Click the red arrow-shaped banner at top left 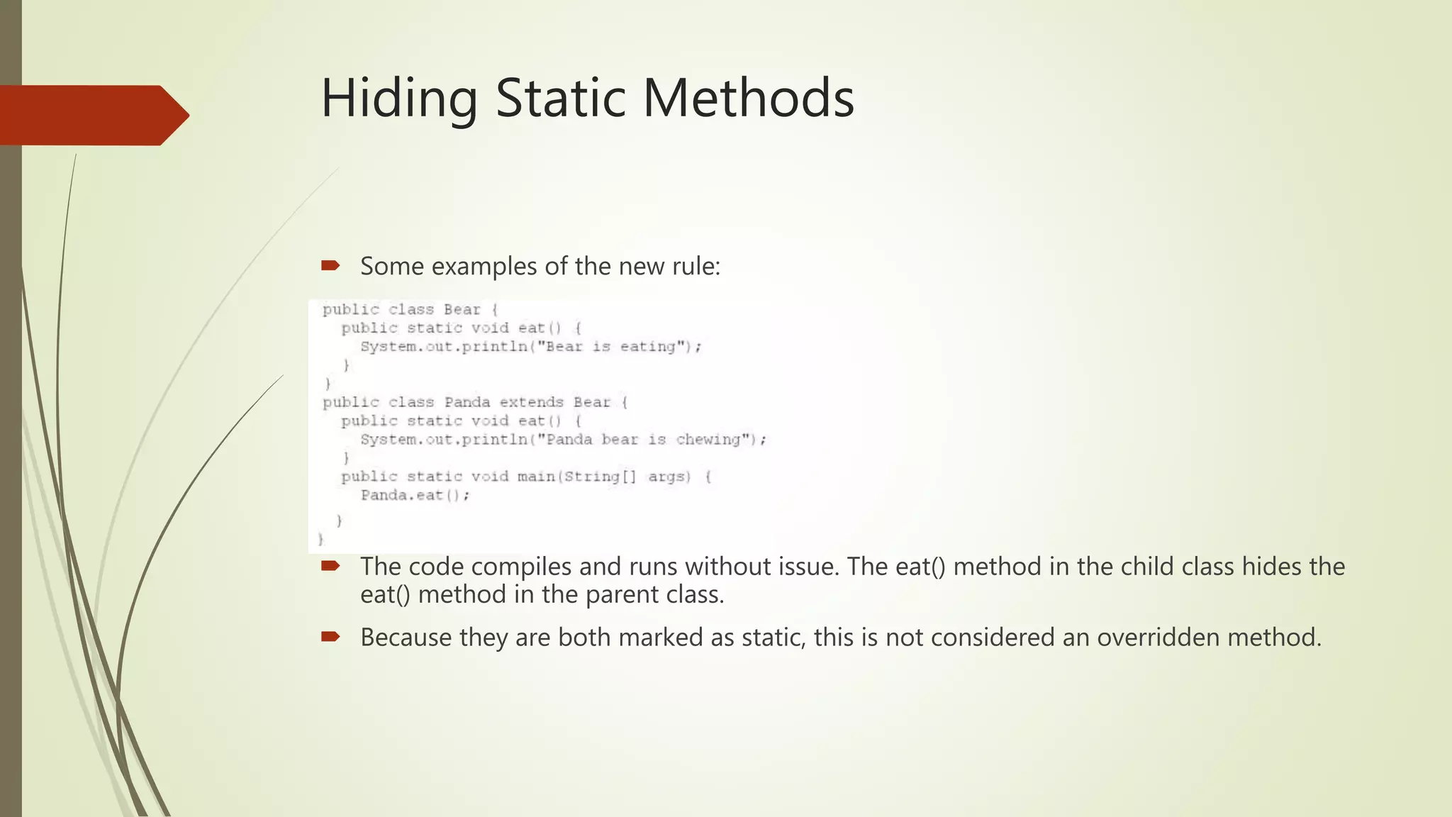click(x=92, y=115)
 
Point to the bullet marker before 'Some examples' click(x=330, y=266)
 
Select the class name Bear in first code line click(x=462, y=309)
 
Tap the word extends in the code click(x=531, y=402)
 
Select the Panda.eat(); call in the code click(x=415, y=495)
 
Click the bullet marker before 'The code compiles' click(x=330, y=566)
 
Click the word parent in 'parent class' click(x=623, y=594)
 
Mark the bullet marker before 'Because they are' click(x=330, y=637)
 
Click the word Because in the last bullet click(x=406, y=637)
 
